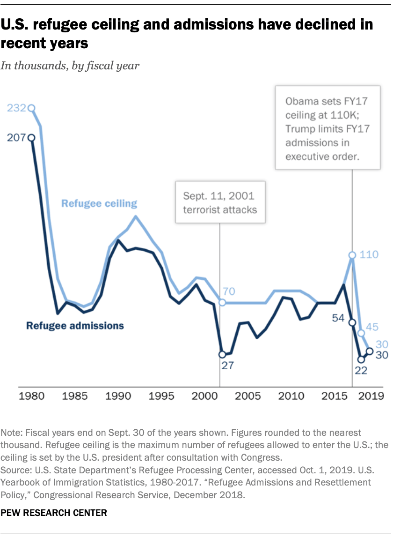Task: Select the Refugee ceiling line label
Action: coord(99,203)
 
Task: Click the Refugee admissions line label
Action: coord(75,325)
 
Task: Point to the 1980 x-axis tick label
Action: coord(32,396)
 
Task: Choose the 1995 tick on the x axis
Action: coord(161,396)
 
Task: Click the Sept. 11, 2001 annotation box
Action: coord(220,202)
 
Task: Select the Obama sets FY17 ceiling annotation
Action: coord(327,127)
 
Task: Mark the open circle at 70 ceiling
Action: coord(222,303)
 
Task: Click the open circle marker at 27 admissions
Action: coord(222,355)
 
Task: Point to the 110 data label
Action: coord(369,255)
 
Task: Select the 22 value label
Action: coord(360,370)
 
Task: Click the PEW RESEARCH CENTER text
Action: coord(54,513)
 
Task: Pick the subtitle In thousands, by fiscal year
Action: coord(70,65)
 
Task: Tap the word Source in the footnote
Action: coord(14,471)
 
